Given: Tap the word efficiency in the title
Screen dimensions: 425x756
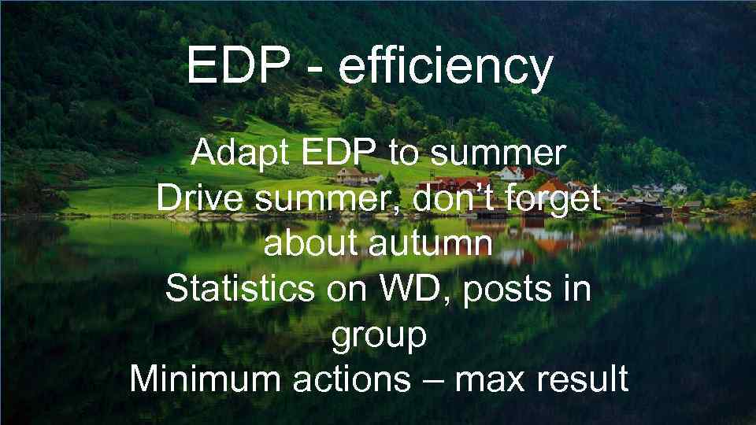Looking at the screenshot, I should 445,67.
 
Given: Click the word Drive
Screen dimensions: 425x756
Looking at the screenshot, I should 198,198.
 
